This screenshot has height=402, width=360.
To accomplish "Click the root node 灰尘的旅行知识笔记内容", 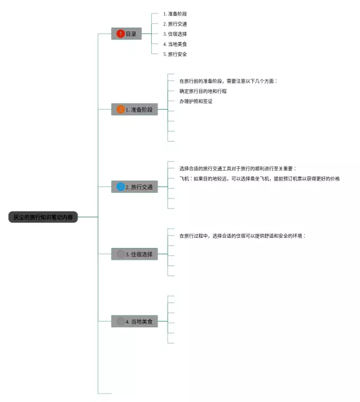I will tap(43, 217).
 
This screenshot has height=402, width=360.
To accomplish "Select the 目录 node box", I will tap(127, 34).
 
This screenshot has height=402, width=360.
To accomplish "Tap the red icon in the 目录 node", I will tap(120, 34).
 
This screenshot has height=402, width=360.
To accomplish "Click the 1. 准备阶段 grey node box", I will tap(134, 110).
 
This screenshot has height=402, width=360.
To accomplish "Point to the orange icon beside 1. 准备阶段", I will tap(120, 110).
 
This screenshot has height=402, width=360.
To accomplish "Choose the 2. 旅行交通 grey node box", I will tap(134, 187).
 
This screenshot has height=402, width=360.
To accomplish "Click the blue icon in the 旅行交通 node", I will tap(120, 187).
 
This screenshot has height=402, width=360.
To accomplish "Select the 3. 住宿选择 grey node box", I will tap(134, 254).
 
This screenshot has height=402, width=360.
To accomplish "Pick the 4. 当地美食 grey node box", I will tap(134, 322).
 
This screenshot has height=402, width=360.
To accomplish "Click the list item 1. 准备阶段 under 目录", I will tap(175, 13).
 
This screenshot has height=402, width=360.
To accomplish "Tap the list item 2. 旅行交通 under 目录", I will tap(175, 24).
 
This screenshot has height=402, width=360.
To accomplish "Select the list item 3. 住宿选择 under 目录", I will tap(175, 34).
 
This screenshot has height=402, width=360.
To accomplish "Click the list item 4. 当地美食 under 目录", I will tap(175, 44).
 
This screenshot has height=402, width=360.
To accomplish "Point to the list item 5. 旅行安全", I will tap(175, 54).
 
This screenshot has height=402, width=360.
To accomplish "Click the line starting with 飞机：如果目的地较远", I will tap(259, 179).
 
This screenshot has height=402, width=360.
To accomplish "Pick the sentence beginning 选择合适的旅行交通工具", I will tap(238, 169).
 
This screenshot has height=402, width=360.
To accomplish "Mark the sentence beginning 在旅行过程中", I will tap(242, 236).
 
